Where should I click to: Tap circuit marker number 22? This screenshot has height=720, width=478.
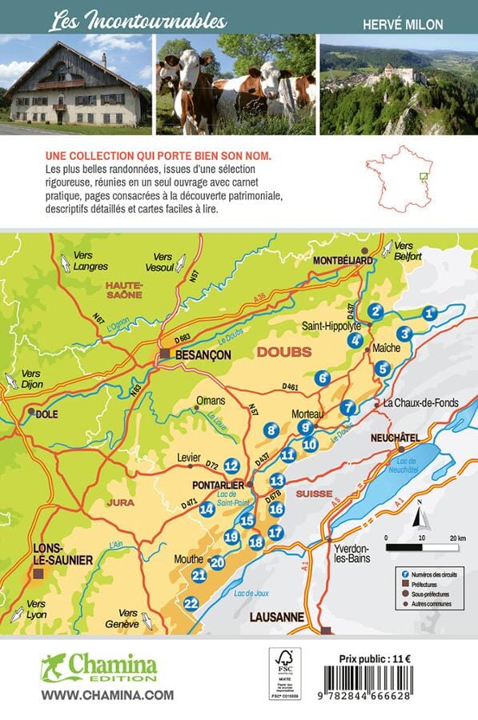pos(191,603)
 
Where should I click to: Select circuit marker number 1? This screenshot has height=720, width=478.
pos(430,314)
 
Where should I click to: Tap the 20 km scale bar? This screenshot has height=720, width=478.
pos(422,548)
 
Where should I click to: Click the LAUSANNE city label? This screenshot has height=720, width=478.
pos(276,617)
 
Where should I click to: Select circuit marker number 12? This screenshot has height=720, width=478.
pos(231,466)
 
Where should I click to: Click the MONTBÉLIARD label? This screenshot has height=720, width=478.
pos(343,261)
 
